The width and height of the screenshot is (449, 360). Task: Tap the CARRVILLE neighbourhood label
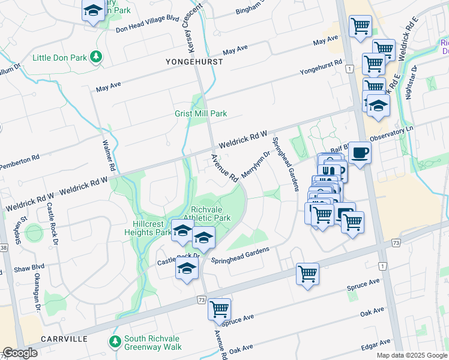[x=64, y=339]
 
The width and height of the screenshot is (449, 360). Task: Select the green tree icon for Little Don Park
[x=95, y=58]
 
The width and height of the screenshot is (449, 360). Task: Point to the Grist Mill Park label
[x=200, y=113]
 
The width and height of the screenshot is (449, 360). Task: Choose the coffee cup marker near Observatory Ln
[x=360, y=152]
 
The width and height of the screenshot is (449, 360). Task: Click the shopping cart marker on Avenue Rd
[x=219, y=310]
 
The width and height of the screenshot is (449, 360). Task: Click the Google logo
[x=20, y=353]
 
